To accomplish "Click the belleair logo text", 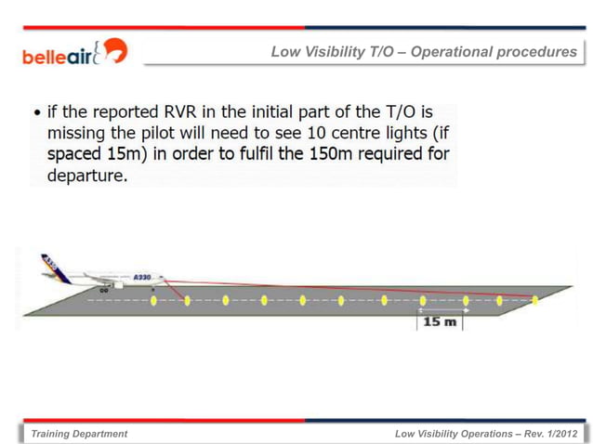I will pos(58,56).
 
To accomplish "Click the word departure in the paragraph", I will pos(85,175).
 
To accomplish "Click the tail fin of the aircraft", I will pos(49,266).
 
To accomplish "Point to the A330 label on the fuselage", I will pos(141,277).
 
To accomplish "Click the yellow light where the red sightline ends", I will pos(534,300).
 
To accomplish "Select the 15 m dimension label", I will pos(439,321).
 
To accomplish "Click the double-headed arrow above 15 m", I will pos(441,310).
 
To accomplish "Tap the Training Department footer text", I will pos(79,434).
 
